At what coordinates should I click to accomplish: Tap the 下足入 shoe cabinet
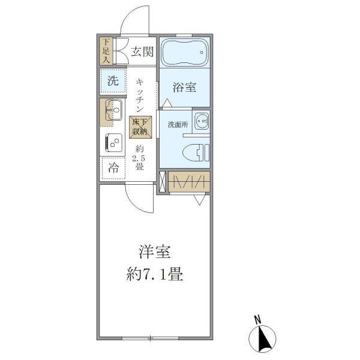[x=106, y=51]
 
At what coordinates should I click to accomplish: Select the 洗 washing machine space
[x=113, y=81]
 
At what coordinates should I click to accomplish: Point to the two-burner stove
[x=112, y=143]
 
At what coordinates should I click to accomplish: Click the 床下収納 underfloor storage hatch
[x=140, y=127]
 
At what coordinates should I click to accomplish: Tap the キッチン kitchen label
[x=139, y=96]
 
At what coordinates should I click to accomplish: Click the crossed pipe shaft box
[x=162, y=182]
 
